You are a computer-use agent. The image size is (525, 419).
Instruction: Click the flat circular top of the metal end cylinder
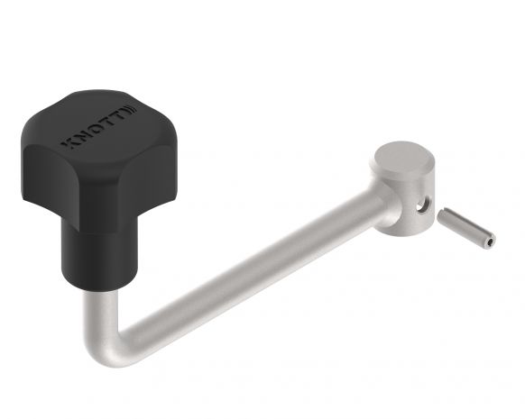click(x=402, y=162)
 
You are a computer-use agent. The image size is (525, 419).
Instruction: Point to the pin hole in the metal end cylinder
click(x=419, y=206)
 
